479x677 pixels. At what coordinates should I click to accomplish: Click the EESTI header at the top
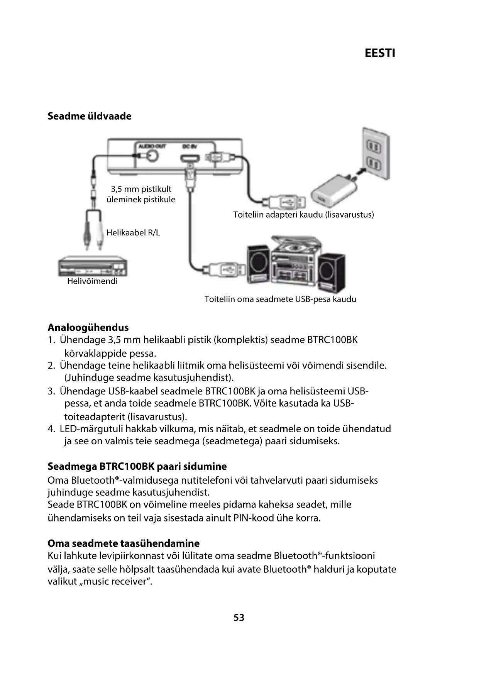[x=380, y=53]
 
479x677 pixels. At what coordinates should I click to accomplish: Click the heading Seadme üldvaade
[x=89, y=116]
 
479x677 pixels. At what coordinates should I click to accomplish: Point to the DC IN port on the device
[x=189, y=158]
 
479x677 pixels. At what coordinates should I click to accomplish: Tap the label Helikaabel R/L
[x=133, y=233]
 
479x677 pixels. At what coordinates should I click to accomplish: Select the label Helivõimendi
[x=92, y=281]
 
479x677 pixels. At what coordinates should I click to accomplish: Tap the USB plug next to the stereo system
[x=224, y=269]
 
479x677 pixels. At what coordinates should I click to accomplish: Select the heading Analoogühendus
[x=88, y=327]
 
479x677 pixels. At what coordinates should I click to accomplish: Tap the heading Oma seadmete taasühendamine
[x=124, y=543]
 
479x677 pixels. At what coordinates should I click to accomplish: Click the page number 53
[x=239, y=618]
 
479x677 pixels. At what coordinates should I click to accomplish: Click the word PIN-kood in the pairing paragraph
[x=254, y=518]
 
